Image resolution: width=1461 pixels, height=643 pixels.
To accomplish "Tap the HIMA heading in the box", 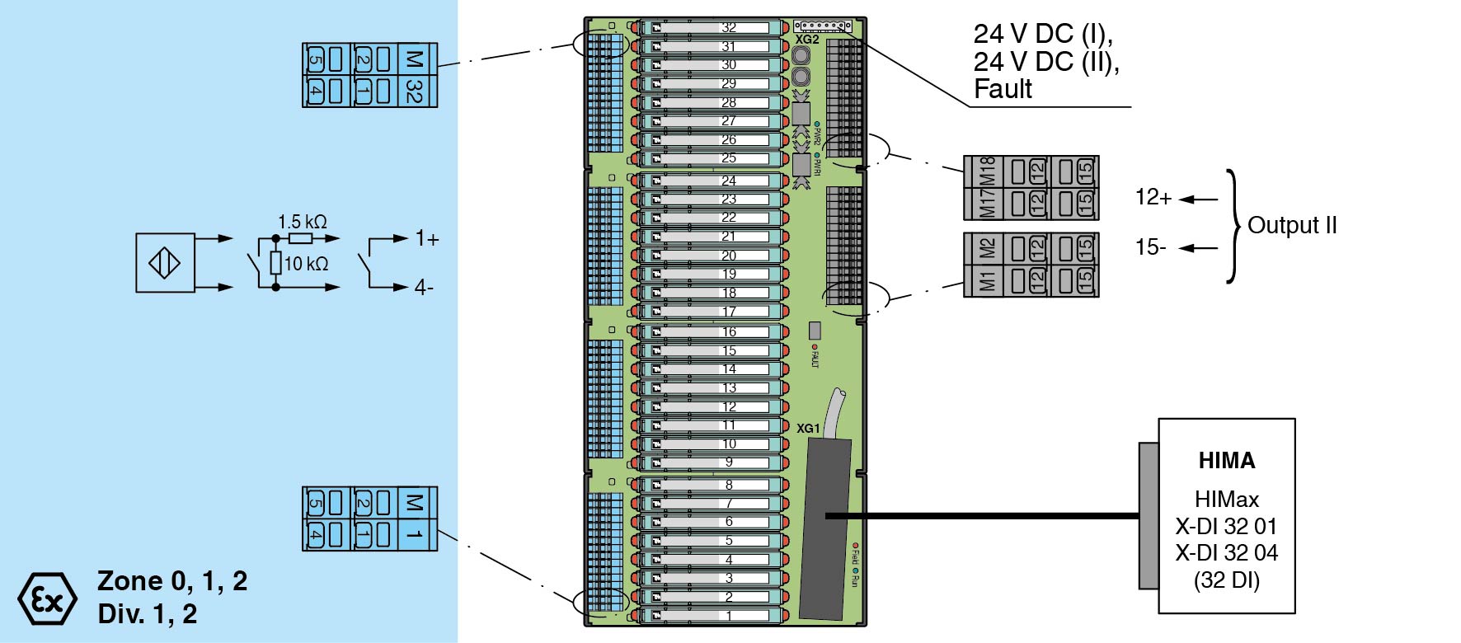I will click(x=1227, y=460).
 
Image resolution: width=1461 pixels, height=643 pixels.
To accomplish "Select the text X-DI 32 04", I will click(x=1227, y=552).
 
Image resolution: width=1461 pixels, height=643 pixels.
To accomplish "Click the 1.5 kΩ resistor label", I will click(x=302, y=222).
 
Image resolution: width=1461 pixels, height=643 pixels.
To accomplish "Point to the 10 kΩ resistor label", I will click(x=306, y=264).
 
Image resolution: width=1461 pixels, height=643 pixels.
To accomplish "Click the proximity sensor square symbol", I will click(x=165, y=263).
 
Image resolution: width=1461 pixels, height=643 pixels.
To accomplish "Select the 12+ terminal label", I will click(x=1153, y=197).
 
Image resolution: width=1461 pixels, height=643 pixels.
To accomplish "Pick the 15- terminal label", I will click(x=1151, y=247).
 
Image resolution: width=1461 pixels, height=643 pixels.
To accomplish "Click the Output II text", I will click(x=1292, y=225).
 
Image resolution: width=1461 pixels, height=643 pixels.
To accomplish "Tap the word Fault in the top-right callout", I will click(x=1003, y=89).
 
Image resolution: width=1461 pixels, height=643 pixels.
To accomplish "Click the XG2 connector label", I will click(x=807, y=40).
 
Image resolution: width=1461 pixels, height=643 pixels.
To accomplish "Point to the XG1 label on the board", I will click(x=808, y=429).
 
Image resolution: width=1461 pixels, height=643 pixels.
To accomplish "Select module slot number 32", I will click(x=729, y=27).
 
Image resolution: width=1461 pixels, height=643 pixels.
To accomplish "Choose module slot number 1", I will click(x=729, y=615).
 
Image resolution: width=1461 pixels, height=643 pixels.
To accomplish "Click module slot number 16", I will click(x=729, y=331).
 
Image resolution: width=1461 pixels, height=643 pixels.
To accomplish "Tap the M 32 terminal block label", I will click(x=415, y=75).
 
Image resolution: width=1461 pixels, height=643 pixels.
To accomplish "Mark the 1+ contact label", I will click(x=427, y=239).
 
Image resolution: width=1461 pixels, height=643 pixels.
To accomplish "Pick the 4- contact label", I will click(x=424, y=288).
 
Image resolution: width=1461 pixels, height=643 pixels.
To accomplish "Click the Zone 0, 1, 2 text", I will click(x=172, y=581).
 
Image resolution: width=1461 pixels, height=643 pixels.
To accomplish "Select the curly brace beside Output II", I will click(x=1233, y=225).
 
